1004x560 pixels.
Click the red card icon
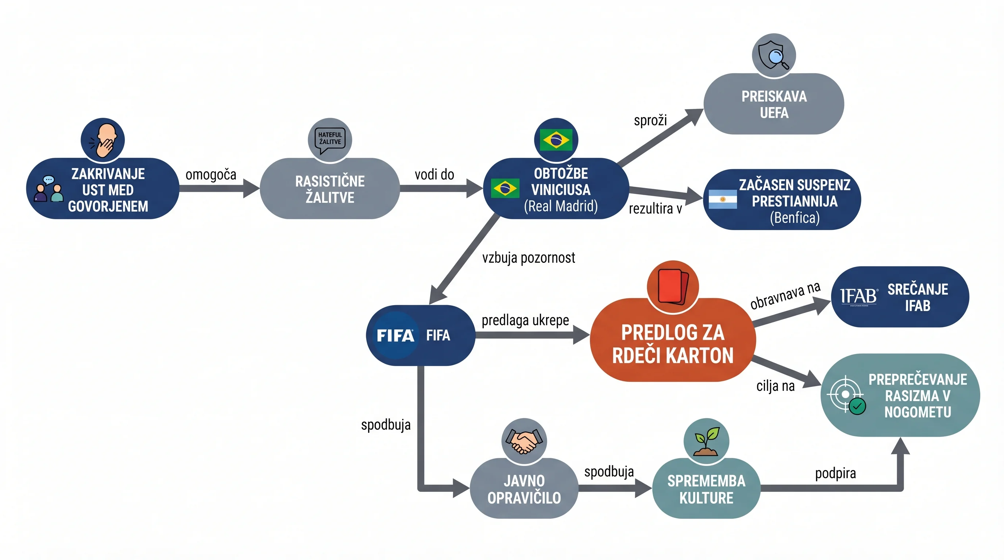673,286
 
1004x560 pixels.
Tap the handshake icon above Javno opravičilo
524,441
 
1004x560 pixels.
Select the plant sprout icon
706,441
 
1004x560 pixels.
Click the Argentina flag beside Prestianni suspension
723,199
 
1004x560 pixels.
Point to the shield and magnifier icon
774,55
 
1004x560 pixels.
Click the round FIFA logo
395,335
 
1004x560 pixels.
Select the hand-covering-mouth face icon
103,140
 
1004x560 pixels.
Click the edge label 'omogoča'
211,175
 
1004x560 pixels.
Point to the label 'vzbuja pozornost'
529,257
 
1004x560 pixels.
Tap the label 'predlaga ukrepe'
525,320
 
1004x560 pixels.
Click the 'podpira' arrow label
835,474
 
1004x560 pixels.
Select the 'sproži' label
650,120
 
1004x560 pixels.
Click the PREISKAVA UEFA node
774,104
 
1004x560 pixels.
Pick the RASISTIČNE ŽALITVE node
330,188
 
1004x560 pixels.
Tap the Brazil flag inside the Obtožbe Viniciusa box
505,188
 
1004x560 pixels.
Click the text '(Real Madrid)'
560,206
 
